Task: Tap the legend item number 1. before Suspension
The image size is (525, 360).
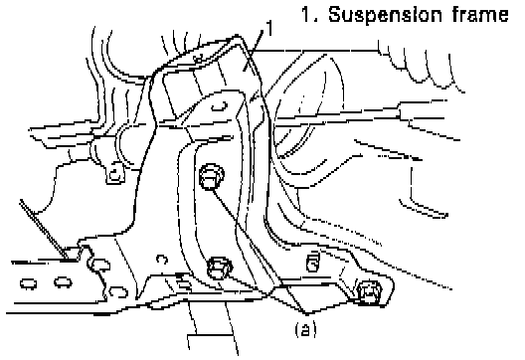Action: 309,14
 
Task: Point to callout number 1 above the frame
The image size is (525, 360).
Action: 269,28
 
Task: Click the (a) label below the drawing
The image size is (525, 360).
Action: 305,329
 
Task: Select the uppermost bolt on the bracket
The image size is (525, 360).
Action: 212,176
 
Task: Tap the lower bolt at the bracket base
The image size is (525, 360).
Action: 220,268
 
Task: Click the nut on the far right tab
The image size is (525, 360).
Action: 369,292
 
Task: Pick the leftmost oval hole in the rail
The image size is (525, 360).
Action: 29,283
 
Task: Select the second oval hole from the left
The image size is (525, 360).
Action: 63,282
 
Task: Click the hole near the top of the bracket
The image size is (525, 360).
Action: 220,105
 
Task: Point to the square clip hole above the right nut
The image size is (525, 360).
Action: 313,263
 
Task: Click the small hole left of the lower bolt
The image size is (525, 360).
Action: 162,260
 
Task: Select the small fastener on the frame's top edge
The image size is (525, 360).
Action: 198,59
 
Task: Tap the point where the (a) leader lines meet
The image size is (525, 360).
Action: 307,314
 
